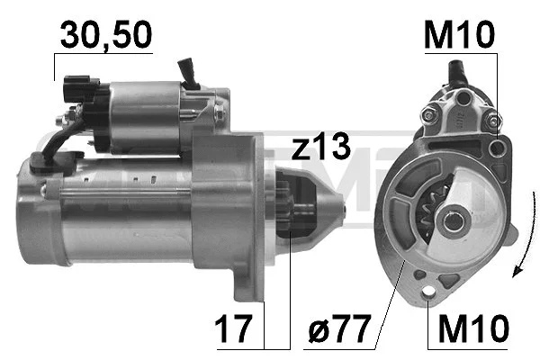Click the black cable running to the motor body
[54, 144]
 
